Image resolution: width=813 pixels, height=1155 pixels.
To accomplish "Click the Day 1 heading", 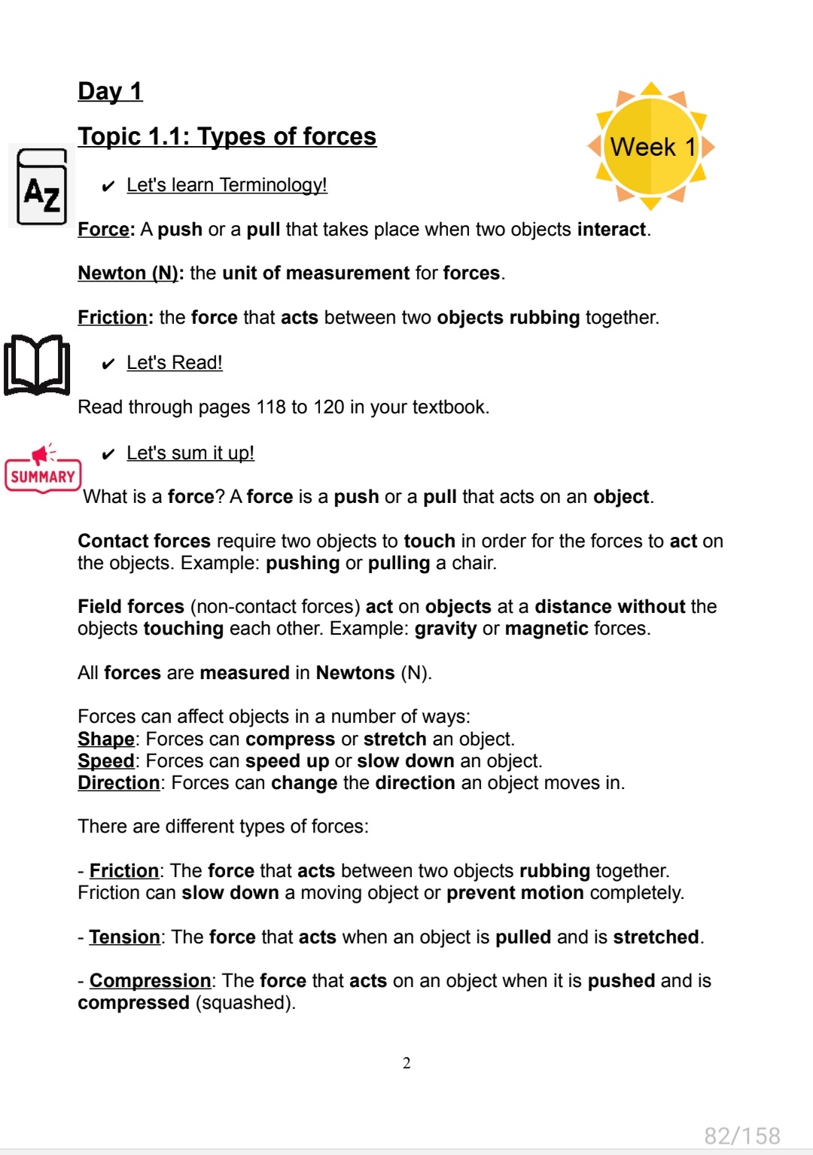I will [x=110, y=91].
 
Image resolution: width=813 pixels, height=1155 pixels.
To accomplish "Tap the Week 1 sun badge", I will [x=651, y=146].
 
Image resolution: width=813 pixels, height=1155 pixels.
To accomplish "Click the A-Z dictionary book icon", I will [x=42, y=187].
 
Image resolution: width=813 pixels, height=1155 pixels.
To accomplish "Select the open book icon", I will [x=37, y=365].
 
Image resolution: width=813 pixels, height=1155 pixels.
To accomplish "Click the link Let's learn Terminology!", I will [x=227, y=185].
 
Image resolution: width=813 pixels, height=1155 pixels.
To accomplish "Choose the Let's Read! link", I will [x=175, y=363].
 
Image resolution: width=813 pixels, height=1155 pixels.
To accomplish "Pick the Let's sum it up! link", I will [x=190, y=453].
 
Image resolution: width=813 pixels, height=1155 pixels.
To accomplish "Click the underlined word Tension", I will [x=124, y=937].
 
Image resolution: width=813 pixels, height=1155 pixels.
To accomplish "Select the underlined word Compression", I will [x=150, y=981].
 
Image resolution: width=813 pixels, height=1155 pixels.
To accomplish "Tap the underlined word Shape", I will [x=106, y=739].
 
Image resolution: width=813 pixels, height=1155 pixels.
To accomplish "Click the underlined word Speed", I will [x=106, y=761].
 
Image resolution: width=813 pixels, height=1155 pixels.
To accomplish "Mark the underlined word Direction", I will [x=119, y=783].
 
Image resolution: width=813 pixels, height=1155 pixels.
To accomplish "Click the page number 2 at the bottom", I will [x=406, y=1063].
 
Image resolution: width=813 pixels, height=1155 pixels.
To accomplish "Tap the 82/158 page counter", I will [x=742, y=1135].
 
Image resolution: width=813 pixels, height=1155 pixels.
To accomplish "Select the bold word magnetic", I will [x=547, y=629].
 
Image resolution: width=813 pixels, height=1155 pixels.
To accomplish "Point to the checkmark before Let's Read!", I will [x=108, y=364].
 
